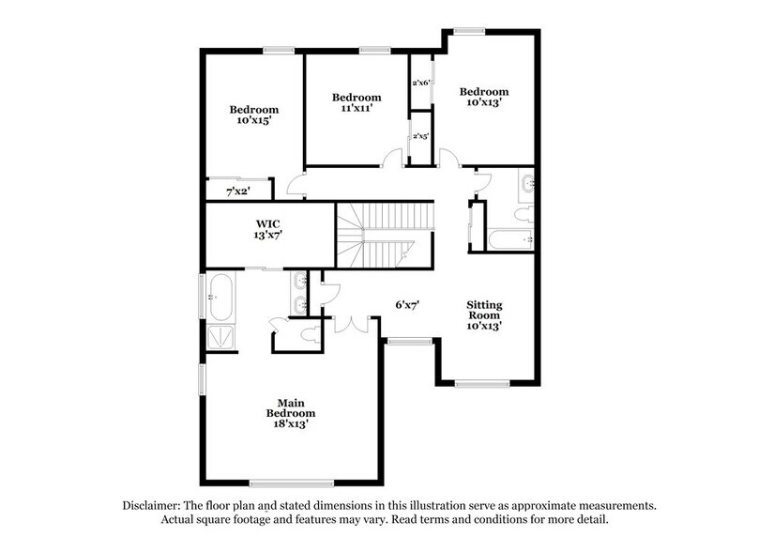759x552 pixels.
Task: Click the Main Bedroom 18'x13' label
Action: [290, 412]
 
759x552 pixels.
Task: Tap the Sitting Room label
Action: [485, 316]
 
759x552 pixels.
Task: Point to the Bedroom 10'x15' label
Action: [254, 115]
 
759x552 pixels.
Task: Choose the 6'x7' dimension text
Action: [405, 304]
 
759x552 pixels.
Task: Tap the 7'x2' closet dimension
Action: [237, 192]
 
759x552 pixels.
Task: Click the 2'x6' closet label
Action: [421, 84]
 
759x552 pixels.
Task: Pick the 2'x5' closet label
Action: [421, 137]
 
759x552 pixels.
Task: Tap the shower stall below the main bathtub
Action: [220, 337]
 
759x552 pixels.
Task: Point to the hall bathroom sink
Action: [526, 183]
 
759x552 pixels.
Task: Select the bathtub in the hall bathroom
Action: [511, 239]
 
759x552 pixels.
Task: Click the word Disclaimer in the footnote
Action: [154, 505]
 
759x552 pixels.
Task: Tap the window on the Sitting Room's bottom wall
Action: [481, 383]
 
